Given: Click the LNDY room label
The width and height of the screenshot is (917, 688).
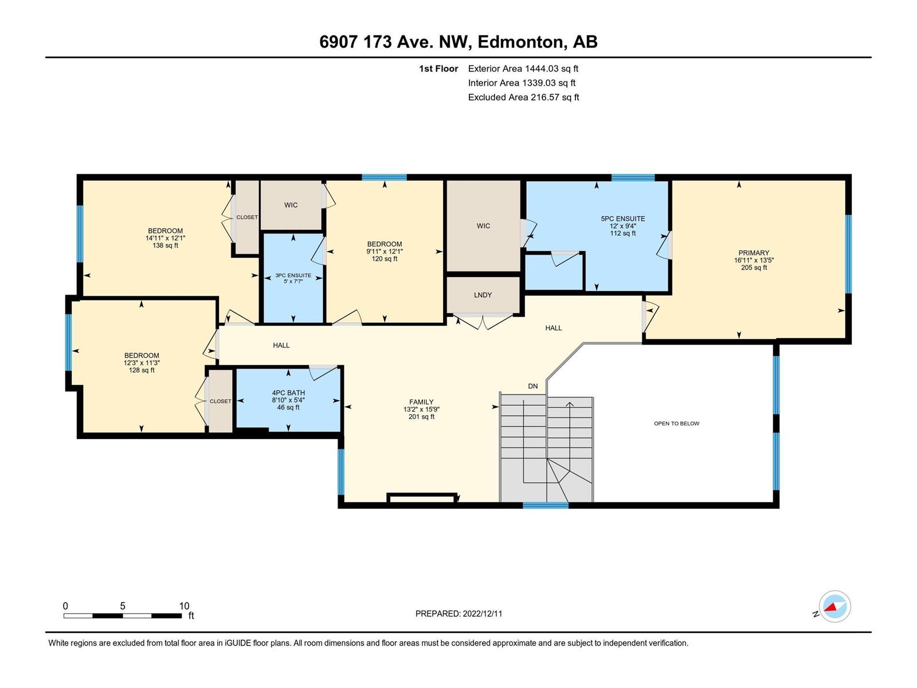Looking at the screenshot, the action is click(483, 295).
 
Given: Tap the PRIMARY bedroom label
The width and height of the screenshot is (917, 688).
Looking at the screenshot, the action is click(754, 253).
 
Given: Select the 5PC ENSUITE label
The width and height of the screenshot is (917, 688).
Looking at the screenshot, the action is click(623, 218).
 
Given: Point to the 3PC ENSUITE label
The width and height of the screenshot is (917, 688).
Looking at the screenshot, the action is click(293, 275).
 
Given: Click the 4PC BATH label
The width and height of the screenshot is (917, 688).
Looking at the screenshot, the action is click(288, 393).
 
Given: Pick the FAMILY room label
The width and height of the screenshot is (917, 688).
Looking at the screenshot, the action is click(421, 402).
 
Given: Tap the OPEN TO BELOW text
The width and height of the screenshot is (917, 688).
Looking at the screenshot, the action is click(676, 423).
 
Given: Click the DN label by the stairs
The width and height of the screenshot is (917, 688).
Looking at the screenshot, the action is click(532, 386).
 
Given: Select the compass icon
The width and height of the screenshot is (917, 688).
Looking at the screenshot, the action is click(834, 606).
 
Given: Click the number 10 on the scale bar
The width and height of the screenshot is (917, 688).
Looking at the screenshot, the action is click(184, 605).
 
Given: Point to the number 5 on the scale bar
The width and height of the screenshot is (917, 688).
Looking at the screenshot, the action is click(123, 605).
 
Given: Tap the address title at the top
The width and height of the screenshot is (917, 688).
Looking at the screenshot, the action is click(458, 42).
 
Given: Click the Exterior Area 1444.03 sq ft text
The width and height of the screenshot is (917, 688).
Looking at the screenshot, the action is click(523, 68).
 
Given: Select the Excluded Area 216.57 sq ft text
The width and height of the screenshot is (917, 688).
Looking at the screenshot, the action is click(523, 97).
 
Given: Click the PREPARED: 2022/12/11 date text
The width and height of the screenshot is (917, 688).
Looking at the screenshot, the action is click(458, 613).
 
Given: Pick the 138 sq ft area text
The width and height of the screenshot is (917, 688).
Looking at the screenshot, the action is click(166, 245).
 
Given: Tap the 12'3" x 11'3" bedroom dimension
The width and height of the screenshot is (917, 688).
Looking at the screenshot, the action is click(142, 362).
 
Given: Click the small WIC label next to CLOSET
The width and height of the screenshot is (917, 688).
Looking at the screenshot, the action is click(291, 205).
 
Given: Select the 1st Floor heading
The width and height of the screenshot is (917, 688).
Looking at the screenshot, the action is click(438, 68).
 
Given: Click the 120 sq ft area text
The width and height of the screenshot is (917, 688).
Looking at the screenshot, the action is click(385, 259).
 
